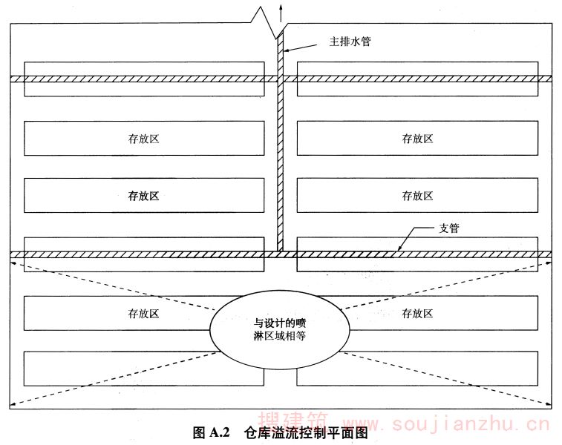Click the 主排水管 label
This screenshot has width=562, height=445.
click(350, 42)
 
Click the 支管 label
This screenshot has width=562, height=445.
click(449, 229)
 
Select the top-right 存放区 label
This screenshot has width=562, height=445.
click(417, 139)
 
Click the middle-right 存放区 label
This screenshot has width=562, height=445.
click(417, 196)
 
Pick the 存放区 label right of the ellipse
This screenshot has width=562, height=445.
click(417, 313)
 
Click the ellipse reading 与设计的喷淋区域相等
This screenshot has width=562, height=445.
click(280, 329)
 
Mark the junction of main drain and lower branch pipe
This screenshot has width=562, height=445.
click(281, 254)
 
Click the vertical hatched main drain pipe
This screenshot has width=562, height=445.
click(281, 148)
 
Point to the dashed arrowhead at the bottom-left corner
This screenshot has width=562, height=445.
click(14, 404)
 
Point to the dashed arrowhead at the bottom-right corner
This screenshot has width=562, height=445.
click(548, 404)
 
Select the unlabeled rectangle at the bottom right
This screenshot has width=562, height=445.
click(417, 369)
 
